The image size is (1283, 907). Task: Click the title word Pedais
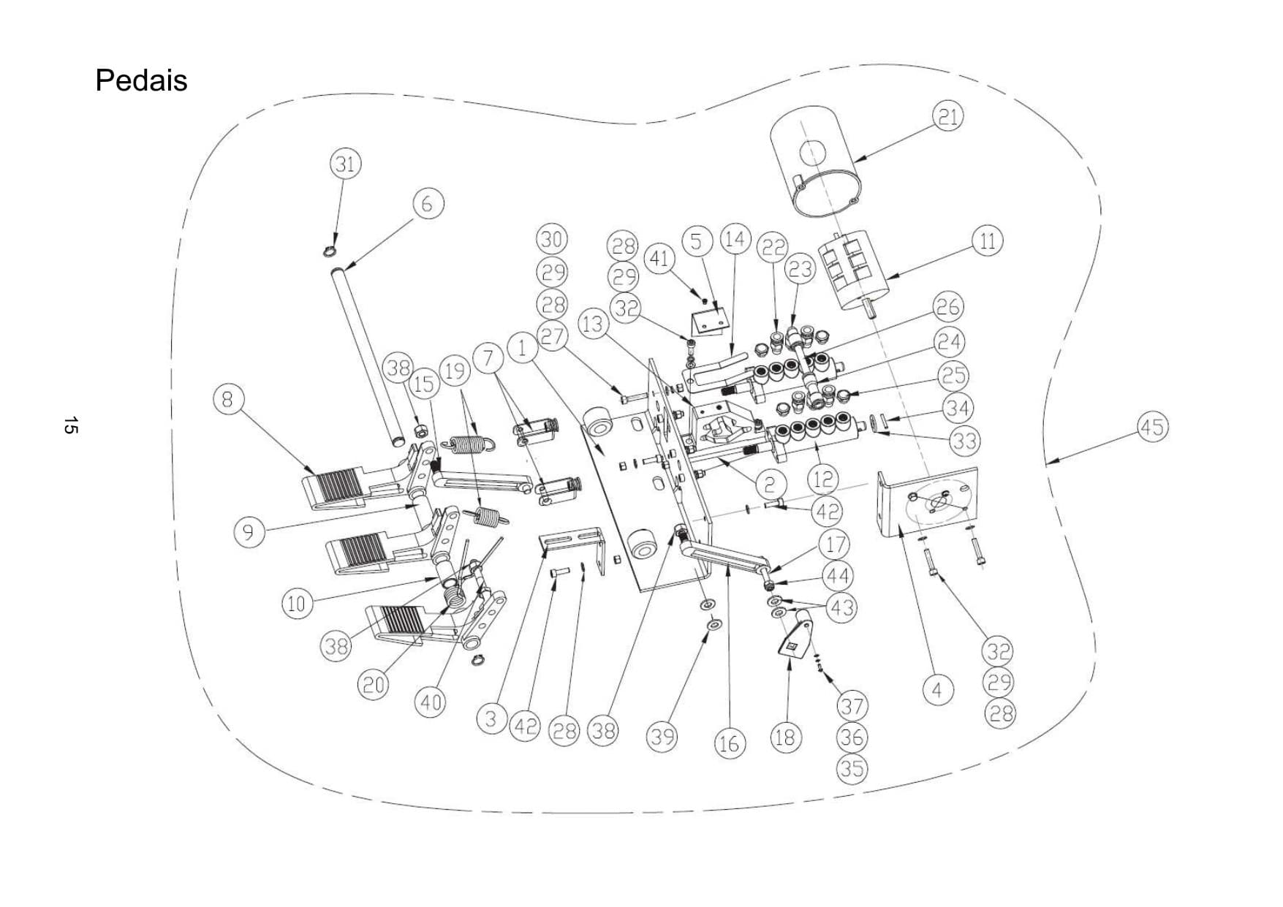pyautogui.click(x=141, y=80)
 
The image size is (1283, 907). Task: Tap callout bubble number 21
pyautogui.click(x=947, y=117)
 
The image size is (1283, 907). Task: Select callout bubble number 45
pyautogui.click(x=1152, y=426)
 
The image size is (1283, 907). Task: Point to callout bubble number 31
pyautogui.click(x=345, y=164)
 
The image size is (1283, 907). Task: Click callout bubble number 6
pyautogui.click(x=428, y=203)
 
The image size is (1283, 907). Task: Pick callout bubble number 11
pyautogui.click(x=987, y=241)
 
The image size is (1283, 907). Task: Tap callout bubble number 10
pyautogui.click(x=297, y=604)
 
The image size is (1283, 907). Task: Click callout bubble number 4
pyautogui.click(x=937, y=689)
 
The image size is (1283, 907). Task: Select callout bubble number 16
pyautogui.click(x=729, y=744)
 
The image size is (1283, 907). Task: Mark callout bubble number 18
pyautogui.click(x=784, y=737)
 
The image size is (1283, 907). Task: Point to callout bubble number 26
pyautogui.click(x=948, y=307)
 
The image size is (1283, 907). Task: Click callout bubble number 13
pyautogui.click(x=593, y=323)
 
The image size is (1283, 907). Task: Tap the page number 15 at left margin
pyautogui.click(x=70, y=425)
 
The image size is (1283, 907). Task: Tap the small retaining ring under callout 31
pyautogui.click(x=329, y=252)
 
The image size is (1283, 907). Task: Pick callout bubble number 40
pyautogui.click(x=429, y=702)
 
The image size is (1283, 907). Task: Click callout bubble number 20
pyautogui.click(x=374, y=685)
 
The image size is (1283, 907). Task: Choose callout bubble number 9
pyautogui.click(x=249, y=532)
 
